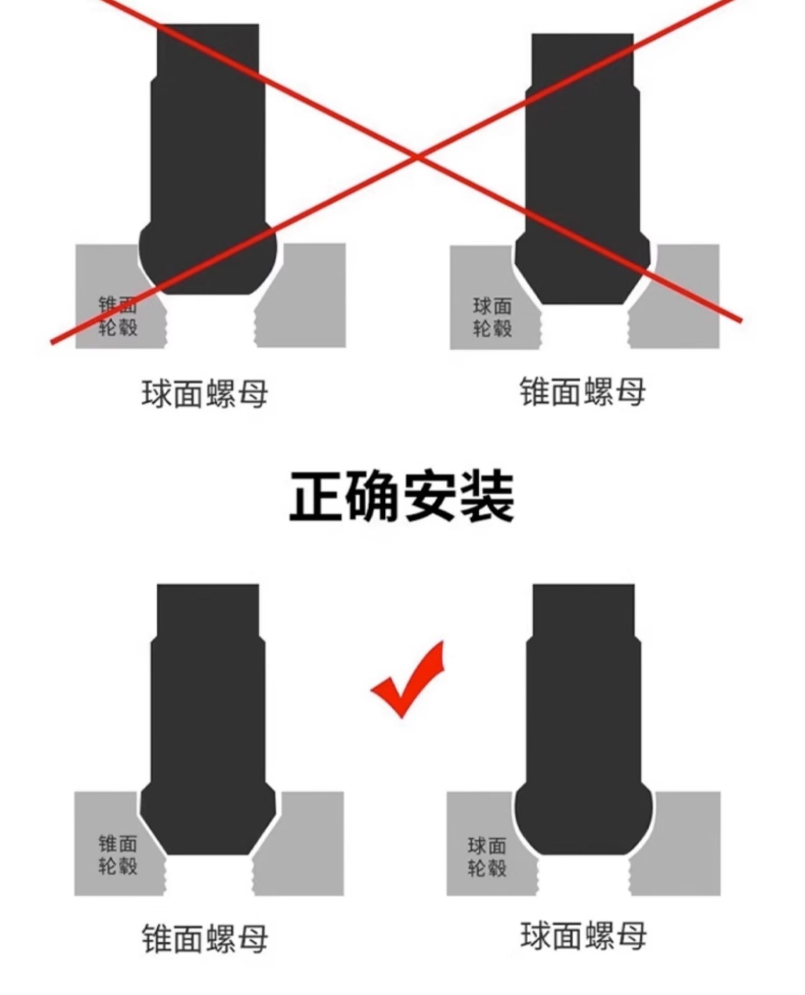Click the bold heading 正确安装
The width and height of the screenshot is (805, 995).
pyautogui.click(x=401, y=497)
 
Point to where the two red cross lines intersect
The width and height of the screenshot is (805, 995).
pyautogui.click(x=418, y=156)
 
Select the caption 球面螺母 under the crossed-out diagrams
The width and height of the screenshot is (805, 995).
pyautogui.click(x=204, y=394)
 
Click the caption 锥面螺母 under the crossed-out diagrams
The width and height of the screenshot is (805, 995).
pyautogui.click(x=582, y=391)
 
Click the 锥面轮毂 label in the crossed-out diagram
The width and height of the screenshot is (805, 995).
pyautogui.click(x=118, y=316)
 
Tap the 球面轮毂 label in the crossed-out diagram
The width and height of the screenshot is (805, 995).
pyautogui.click(x=492, y=317)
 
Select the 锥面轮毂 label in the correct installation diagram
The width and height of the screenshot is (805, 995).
pyautogui.click(x=118, y=854)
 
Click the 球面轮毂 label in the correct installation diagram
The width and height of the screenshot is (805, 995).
pyautogui.click(x=487, y=856)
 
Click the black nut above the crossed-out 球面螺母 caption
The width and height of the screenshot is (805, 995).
pyautogui.click(x=208, y=161)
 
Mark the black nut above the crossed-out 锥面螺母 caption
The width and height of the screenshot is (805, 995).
pyautogui.click(x=583, y=172)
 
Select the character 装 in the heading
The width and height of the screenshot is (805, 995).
pyautogui.click(x=487, y=497)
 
